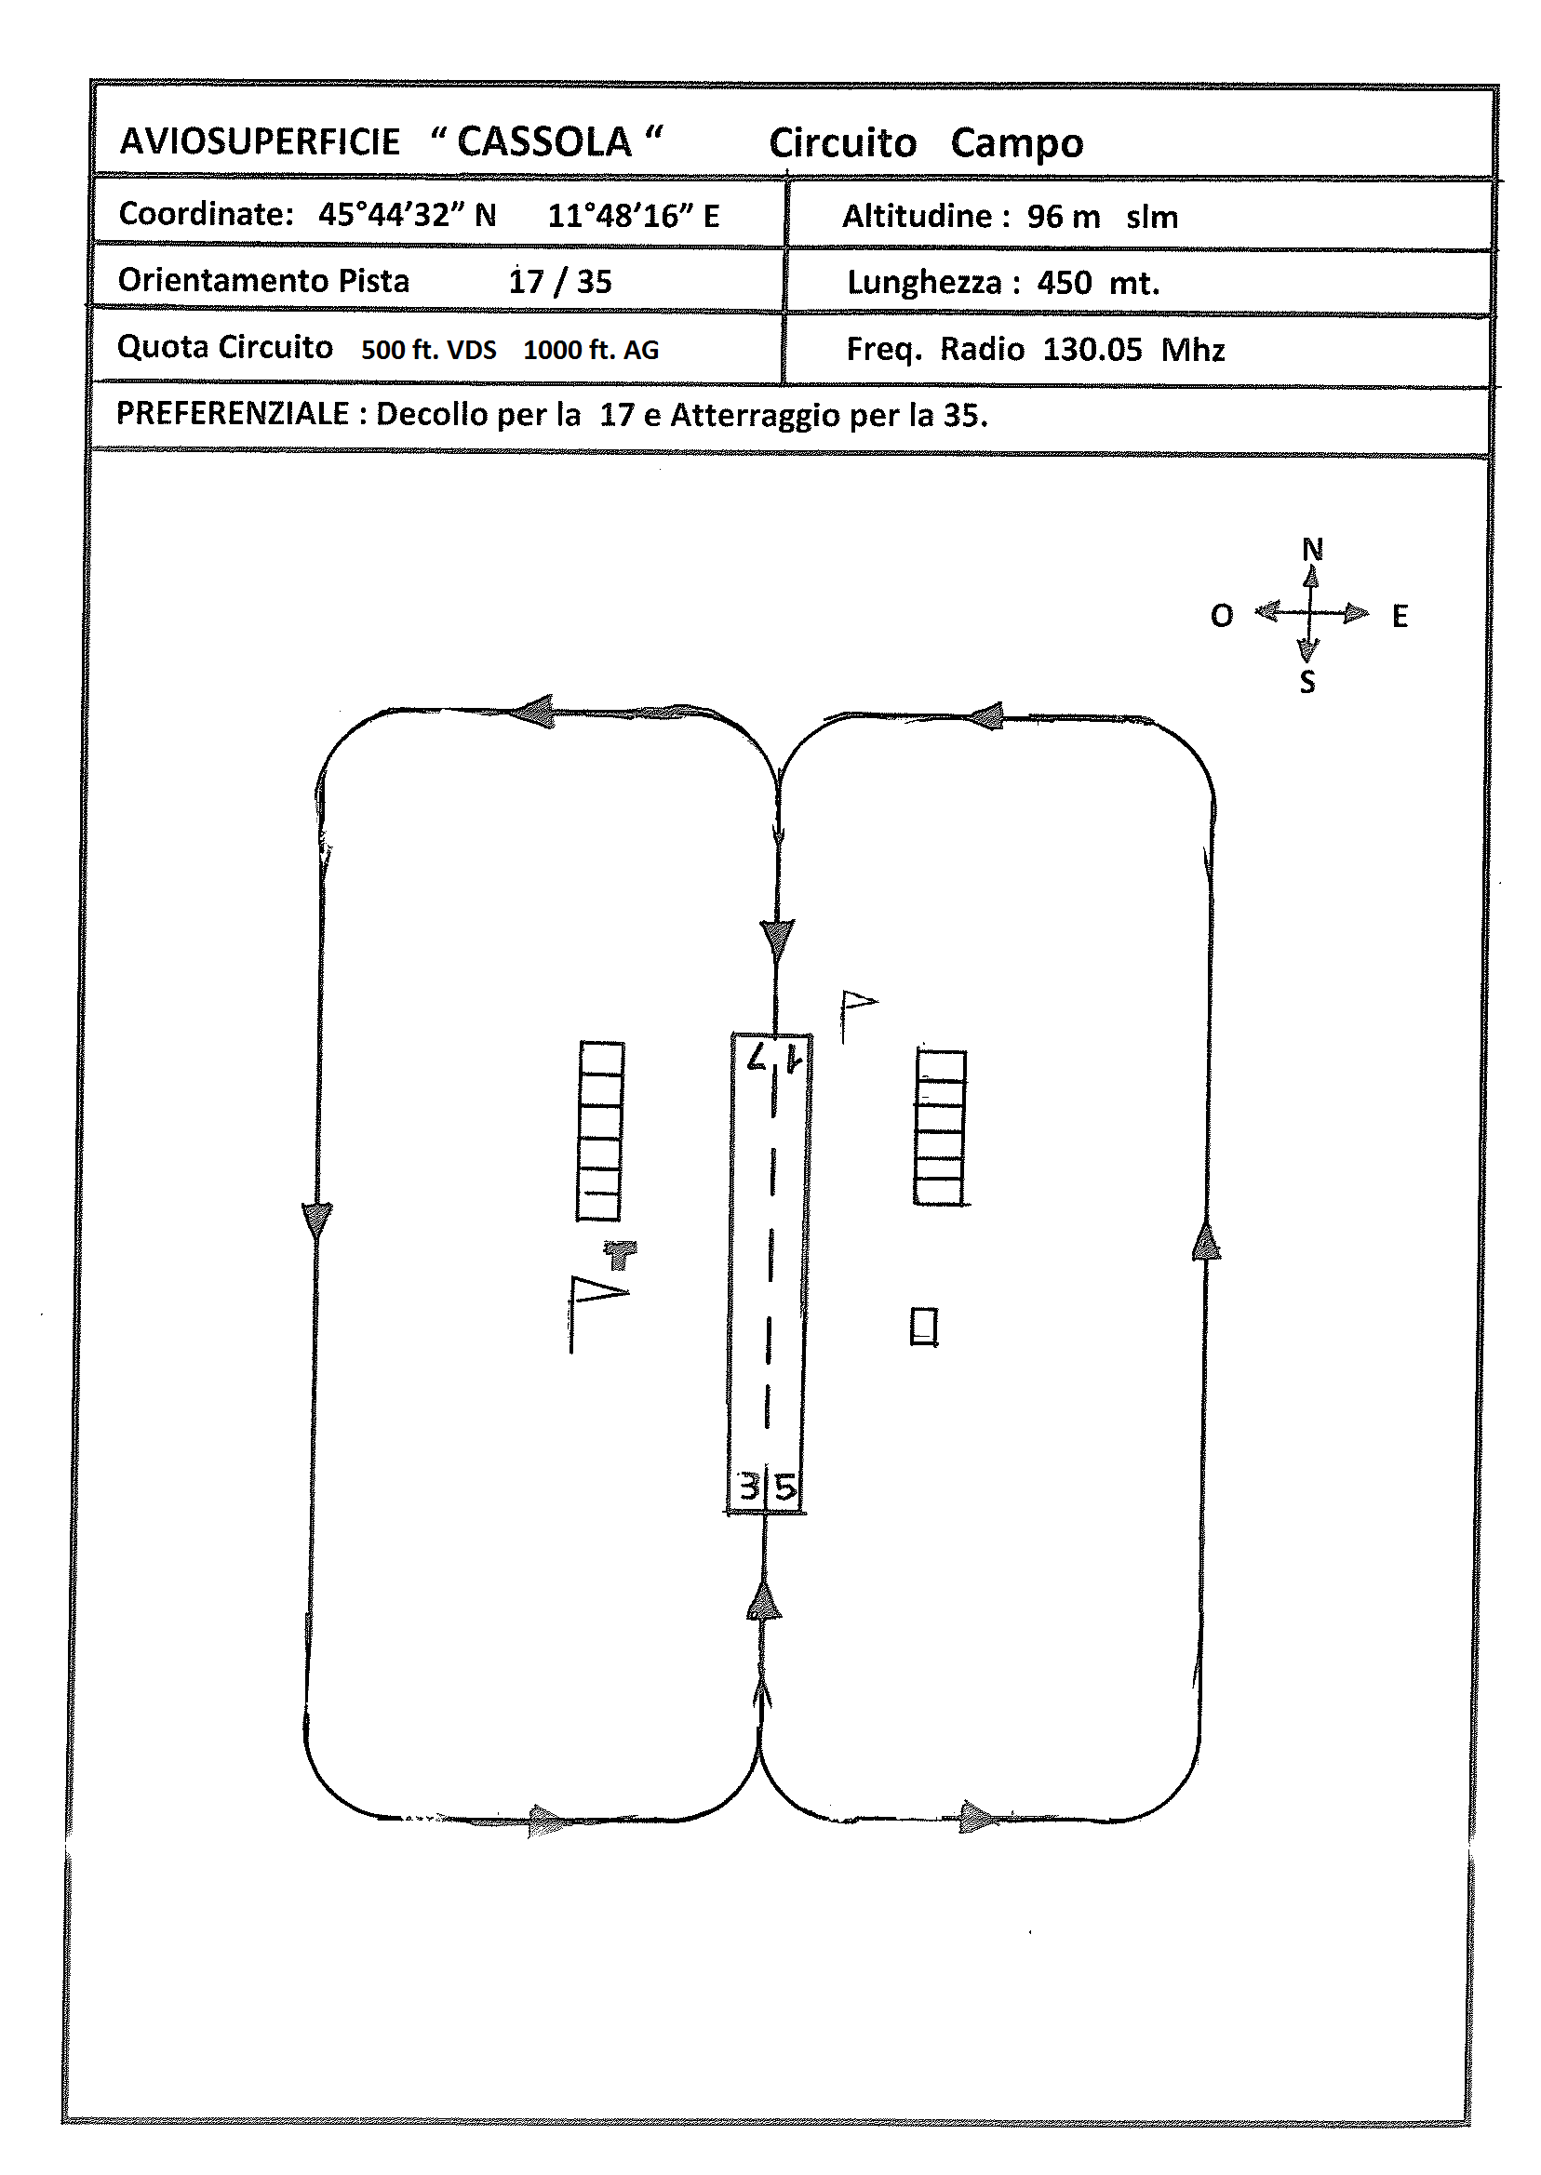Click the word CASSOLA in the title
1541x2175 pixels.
pos(543,142)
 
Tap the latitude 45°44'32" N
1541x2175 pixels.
pos(407,214)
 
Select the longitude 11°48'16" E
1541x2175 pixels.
pos(633,215)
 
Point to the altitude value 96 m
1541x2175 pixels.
pos(1063,216)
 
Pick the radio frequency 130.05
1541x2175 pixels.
pos(1092,349)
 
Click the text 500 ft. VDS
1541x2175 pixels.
pos(428,350)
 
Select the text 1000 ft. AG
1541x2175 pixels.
pos(590,350)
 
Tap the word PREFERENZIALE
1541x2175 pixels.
pos(233,414)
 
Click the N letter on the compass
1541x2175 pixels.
pos(1311,549)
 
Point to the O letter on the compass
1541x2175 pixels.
pos(1222,616)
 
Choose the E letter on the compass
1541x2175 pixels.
pos(1400,617)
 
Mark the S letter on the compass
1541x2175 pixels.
pos(1307,682)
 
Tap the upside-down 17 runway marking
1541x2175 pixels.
pos(774,1057)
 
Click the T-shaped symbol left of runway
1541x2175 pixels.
pos(621,1254)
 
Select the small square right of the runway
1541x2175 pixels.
pos(924,1326)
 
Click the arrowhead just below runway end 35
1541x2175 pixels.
pos(764,1600)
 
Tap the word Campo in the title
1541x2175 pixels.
pos(1016,144)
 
